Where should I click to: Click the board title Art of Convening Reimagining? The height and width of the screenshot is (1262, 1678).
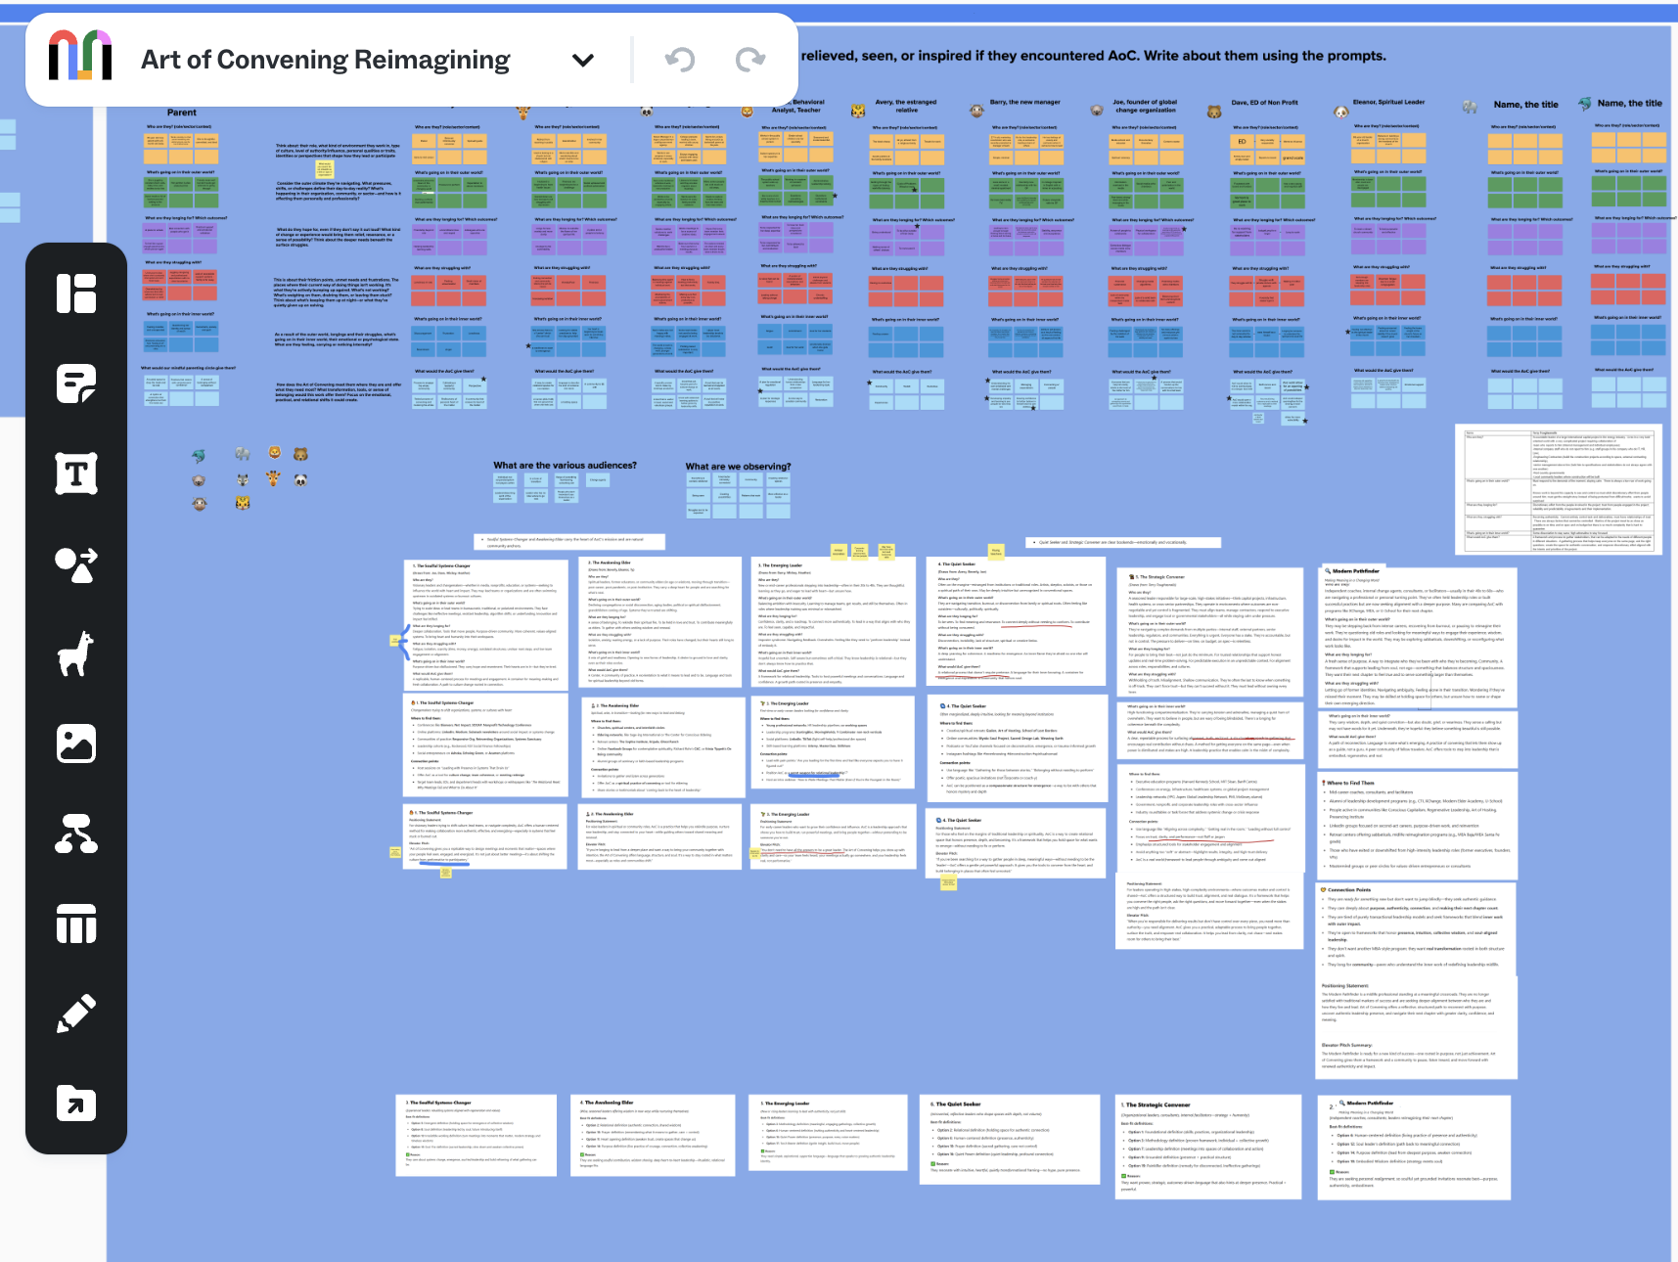tap(325, 60)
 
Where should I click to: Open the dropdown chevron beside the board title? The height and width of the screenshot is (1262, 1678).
tap(583, 60)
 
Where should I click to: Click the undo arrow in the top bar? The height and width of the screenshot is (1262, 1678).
tap(679, 60)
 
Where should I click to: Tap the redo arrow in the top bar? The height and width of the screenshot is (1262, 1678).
tap(750, 60)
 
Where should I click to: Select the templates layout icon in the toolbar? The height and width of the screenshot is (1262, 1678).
tap(76, 293)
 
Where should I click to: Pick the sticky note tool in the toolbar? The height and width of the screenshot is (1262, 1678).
tap(76, 383)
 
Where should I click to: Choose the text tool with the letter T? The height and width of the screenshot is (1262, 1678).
tap(76, 473)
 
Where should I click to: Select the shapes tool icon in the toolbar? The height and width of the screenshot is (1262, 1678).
tap(76, 564)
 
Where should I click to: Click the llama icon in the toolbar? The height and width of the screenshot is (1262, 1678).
tap(76, 654)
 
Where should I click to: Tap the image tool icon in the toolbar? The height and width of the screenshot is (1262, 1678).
tap(76, 744)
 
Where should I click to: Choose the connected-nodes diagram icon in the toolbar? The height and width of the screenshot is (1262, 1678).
tap(76, 834)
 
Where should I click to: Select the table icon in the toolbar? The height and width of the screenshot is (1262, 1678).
tap(76, 924)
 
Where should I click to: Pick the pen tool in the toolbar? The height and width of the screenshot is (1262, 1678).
tap(76, 1014)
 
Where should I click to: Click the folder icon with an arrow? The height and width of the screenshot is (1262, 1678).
tap(76, 1104)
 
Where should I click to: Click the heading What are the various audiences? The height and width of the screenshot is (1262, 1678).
tap(565, 466)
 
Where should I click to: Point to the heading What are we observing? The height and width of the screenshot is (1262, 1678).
tap(738, 467)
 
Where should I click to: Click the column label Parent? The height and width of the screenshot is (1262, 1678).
tap(182, 113)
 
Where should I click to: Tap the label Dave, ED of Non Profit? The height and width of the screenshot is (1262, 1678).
tap(1264, 102)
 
